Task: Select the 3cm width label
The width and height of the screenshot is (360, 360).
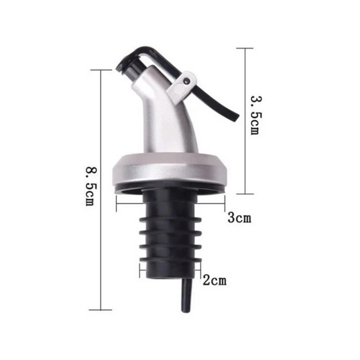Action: [238, 219]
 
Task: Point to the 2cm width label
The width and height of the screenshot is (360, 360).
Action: [214, 281]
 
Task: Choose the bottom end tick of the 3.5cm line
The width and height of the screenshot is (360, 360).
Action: [245, 194]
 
